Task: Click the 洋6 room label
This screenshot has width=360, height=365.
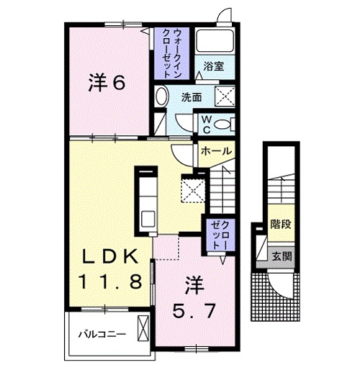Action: tap(107, 83)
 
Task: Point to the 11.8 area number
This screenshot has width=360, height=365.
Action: tap(109, 280)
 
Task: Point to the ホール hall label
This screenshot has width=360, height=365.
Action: tap(216, 151)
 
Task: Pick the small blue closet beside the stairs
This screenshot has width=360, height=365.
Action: tap(217, 235)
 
